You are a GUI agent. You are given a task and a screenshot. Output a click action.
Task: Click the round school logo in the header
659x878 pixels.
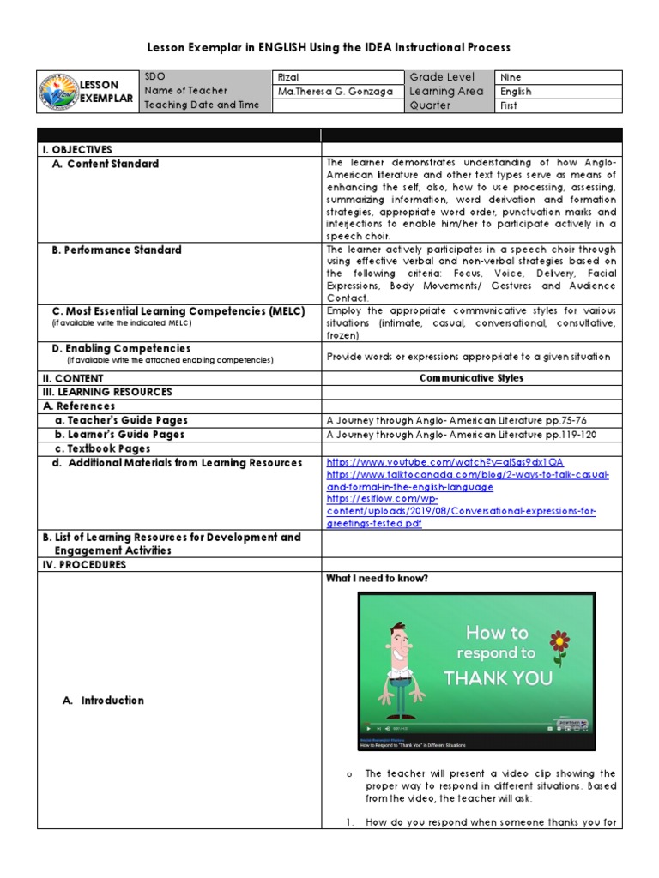58,92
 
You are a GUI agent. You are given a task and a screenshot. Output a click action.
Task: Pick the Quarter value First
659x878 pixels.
509,106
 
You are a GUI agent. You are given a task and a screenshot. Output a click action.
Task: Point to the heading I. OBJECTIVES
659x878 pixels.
78,150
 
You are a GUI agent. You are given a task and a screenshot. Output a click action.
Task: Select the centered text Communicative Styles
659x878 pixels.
471,378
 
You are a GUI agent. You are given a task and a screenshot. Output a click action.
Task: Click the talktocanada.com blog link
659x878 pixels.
468,475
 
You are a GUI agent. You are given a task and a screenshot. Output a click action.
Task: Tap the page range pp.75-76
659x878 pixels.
575,420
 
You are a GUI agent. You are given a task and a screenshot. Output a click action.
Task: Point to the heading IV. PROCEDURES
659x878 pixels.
85,565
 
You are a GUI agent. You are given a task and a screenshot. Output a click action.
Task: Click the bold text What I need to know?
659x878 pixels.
377,579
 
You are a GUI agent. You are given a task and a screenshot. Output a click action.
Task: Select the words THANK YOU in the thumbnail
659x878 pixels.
497,678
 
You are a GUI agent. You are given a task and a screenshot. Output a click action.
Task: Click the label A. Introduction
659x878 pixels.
103,701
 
